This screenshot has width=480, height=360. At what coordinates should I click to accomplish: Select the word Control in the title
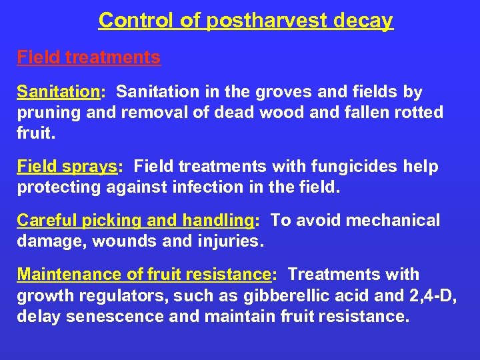(138, 21)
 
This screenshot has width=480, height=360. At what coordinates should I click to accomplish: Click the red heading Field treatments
(89, 57)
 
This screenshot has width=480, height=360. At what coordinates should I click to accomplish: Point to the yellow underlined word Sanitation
(58, 91)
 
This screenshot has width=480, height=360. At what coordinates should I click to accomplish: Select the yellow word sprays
(90, 167)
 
